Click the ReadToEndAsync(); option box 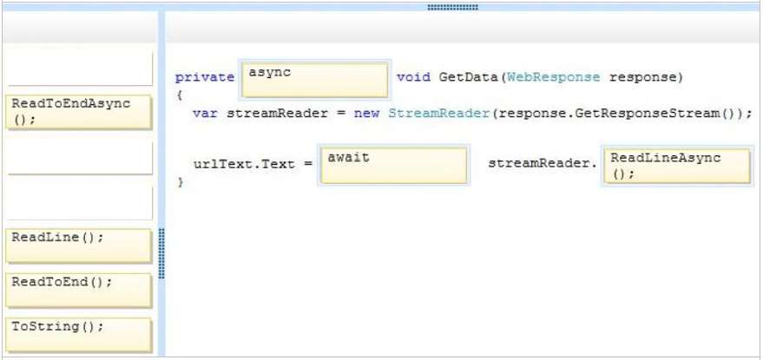click(79, 112)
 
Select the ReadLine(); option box click(79, 245)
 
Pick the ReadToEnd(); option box click(79, 291)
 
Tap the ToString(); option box click(79, 335)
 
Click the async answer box click(315, 80)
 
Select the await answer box click(394, 166)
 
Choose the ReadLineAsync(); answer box click(677, 166)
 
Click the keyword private click(204, 78)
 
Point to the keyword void click(413, 77)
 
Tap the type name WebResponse click(553, 78)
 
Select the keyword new click(366, 114)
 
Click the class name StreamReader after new click(438, 114)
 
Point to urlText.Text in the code click(244, 164)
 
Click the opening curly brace click(180, 95)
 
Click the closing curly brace click(181, 182)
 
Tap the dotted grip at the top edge click(452, 7)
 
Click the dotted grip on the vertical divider click(162, 253)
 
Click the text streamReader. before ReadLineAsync click(542, 164)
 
